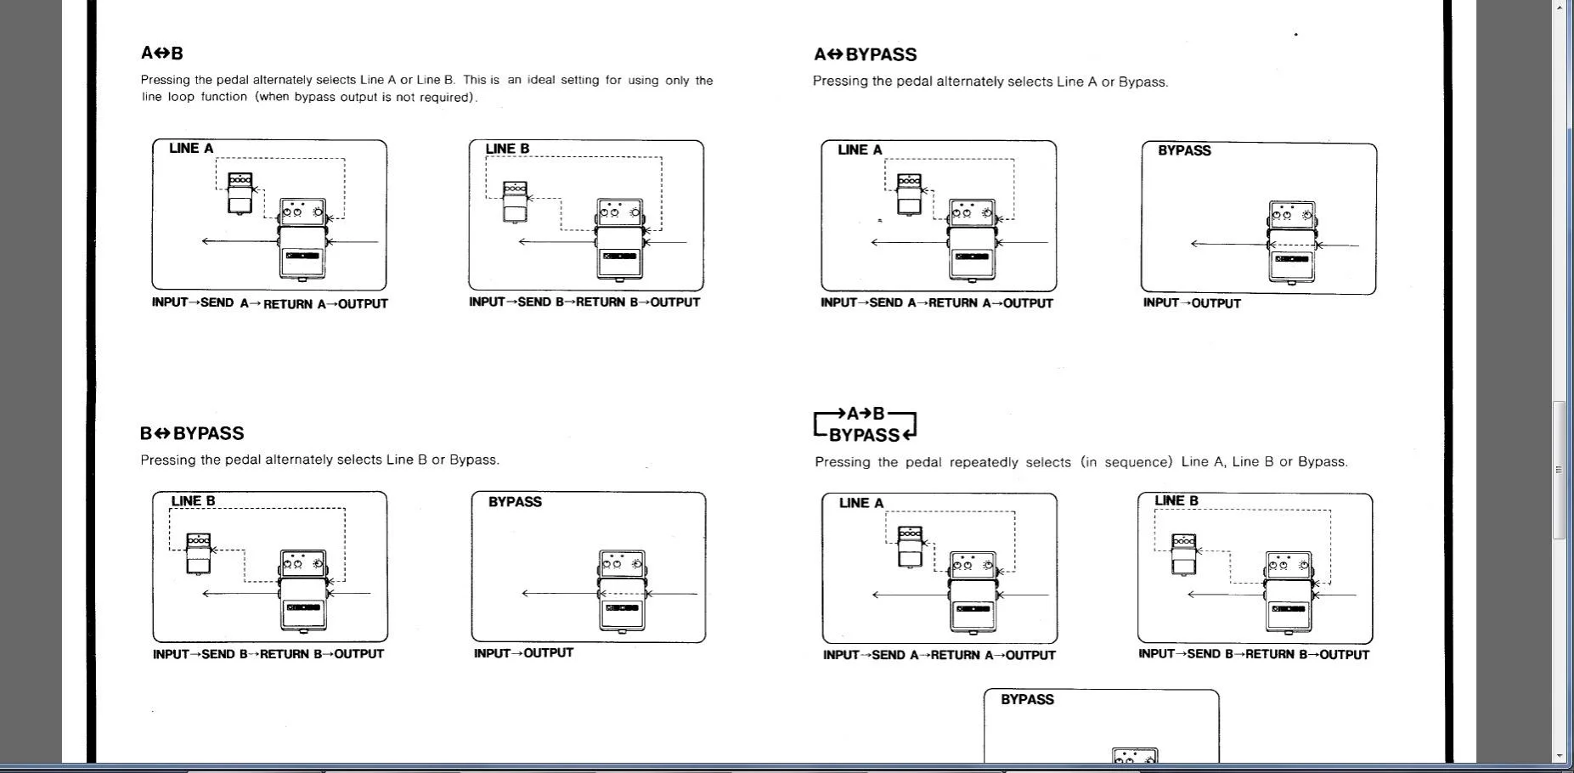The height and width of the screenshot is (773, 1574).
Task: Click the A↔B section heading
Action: point(162,54)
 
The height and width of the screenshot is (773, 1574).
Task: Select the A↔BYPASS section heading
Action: point(866,54)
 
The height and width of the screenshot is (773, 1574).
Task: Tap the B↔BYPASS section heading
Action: point(192,433)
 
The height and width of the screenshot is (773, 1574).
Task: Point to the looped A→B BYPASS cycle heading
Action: point(866,425)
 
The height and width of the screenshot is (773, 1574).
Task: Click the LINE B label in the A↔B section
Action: point(507,149)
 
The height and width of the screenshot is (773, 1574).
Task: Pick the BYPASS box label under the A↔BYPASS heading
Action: point(1184,150)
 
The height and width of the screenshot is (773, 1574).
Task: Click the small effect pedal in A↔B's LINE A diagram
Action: point(240,193)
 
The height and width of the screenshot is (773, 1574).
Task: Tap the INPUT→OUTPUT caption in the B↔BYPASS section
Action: point(523,653)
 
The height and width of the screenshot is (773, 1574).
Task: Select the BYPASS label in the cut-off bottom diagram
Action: point(1027,699)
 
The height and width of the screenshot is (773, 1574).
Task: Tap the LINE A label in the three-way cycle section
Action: point(861,503)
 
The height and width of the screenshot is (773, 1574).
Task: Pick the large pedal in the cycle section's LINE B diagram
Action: point(1289,592)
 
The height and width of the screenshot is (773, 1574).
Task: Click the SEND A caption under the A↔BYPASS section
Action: point(893,302)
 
